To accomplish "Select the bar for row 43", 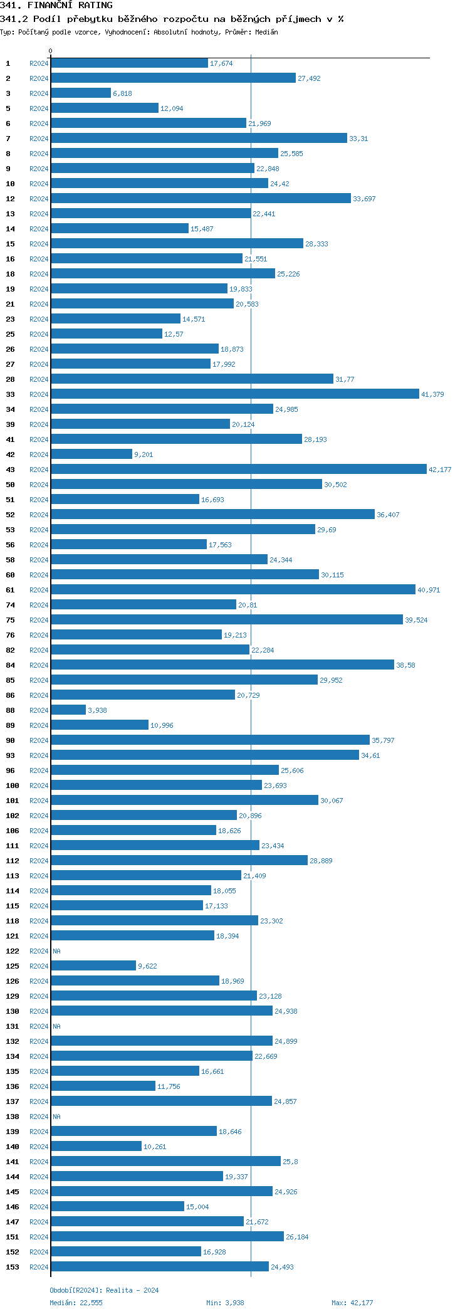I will [238, 470].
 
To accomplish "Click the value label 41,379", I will [432, 394].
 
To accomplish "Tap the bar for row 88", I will [68, 710].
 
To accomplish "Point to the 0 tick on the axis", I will [51, 51].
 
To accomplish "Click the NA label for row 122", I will [57, 951].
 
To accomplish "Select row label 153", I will [13, 1267].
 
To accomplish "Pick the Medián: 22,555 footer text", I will [76, 1303].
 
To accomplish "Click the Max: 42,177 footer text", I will [352, 1303].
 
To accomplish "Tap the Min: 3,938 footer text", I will [225, 1303].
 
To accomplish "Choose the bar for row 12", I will [201, 199].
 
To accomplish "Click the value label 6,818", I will [122, 93].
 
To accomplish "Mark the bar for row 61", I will [232, 590].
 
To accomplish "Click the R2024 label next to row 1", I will [39, 63].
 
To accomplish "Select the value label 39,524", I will [416, 620].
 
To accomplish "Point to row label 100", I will [13, 786].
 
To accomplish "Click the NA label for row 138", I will [57, 1117].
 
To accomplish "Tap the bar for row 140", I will [96, 1147].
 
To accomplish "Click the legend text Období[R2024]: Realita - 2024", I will [104, 1290].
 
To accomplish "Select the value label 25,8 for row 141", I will [290, 1162].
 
